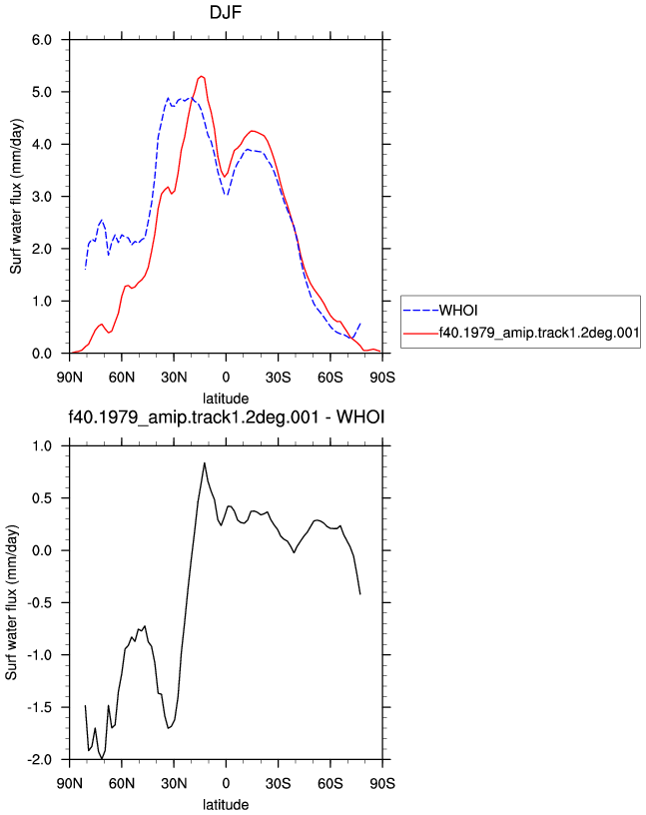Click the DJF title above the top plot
coord(226,12)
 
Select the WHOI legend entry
coord(440,311)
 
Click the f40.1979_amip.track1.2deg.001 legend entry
coord(521,333)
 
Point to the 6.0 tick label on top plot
coord(42,40)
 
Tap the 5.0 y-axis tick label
coord(42,92)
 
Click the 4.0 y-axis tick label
coord(42,145)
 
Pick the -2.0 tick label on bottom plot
coord(40,759)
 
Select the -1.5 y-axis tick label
coord(40,707)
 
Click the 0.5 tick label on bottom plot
coord(42,498)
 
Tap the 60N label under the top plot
coord(122,377)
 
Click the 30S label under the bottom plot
coord(278,783)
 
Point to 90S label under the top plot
coord(382,377)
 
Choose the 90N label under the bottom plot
coord(70,783)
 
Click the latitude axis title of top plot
coord(226,399)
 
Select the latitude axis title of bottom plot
coord(226,805)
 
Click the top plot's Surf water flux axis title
coord(16,197)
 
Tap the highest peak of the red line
coord(201,76)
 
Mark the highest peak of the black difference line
coord(205,462)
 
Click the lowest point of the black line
coord(102,759)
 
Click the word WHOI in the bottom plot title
coord(360,416)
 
